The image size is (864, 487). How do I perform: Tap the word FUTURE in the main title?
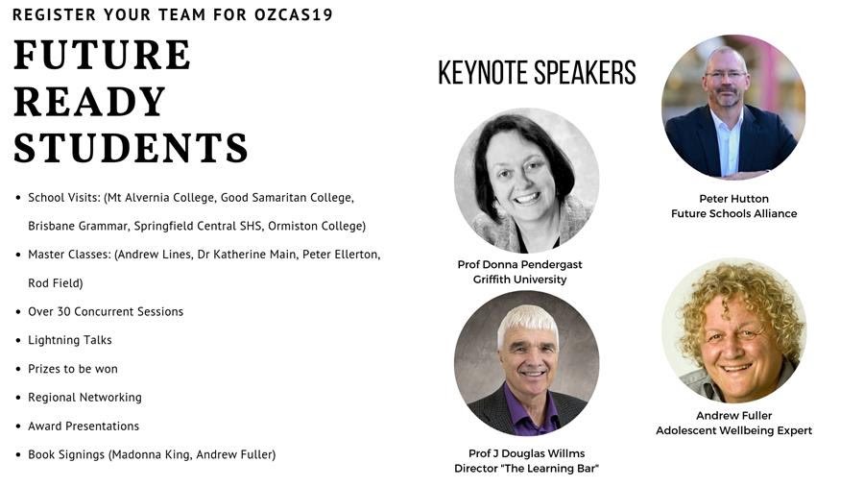[x=102, y=55]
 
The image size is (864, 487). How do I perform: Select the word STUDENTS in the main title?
[x=131, y=148]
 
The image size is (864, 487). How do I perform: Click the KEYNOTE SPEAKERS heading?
[x=537, y=73]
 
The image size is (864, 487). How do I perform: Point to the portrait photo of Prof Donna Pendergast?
[x=526, y=181]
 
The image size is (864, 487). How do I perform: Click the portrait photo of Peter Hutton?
[x=733, y=108]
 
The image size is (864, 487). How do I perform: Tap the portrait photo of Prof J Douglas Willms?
[x=526, y=363]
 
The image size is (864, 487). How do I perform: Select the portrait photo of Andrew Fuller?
[x=733, y=329]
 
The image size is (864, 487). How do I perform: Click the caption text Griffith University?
[x=519, y=280]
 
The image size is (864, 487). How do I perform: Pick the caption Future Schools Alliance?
[x=733, y=213]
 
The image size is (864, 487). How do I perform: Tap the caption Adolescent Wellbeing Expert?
[x=733, y=430]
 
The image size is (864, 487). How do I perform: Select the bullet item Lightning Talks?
[x=70, y=340]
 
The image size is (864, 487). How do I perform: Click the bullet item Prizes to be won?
[x=73, y=369]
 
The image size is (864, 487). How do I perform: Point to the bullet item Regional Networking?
[x=84, y=397]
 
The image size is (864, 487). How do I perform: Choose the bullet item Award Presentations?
[x=84, y=426]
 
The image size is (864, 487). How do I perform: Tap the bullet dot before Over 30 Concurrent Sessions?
[x=18, y=311]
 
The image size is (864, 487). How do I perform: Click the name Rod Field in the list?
[x=55, y=283]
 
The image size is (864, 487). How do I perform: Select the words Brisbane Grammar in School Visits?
[x=70, y=227]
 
